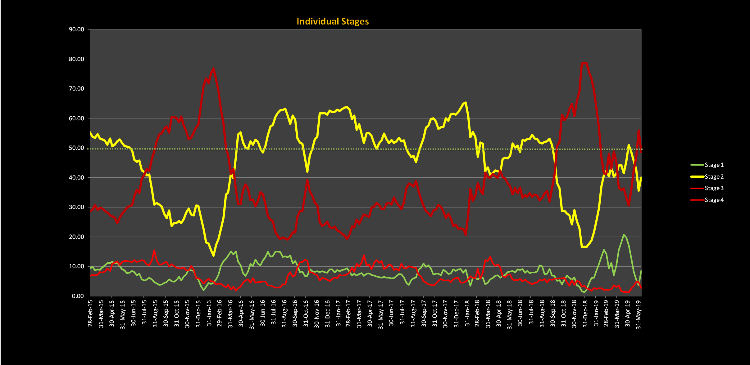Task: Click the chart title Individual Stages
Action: (x=333, y=21)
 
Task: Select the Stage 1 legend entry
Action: (x=714, y=165)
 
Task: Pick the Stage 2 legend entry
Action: (x=714, y=177)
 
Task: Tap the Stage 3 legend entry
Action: (x=714, y=188)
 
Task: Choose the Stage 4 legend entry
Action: (x=714, y=200)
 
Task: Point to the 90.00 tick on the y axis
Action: (x=76, y=29)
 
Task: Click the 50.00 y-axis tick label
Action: (x=76, y=148)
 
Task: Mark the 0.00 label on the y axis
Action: (x=78, y=296)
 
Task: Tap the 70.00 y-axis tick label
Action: (x=76, y=89)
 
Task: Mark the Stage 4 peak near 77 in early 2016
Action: (x=214, y=68)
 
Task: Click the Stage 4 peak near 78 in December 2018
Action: (x=584, y=63)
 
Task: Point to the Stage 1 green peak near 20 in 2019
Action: (x=624, y=235)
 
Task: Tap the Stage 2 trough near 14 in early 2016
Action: (x=214, y=256)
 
